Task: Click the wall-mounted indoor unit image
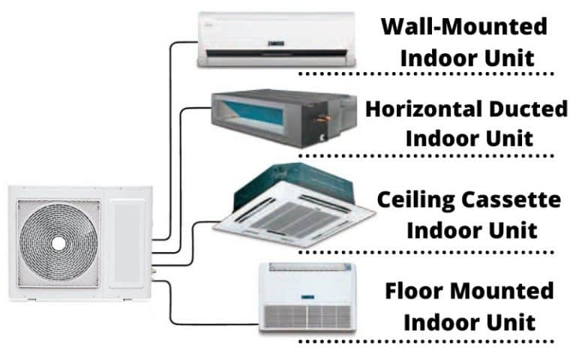[x=275, y=39]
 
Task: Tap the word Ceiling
[x=413, y=200]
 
